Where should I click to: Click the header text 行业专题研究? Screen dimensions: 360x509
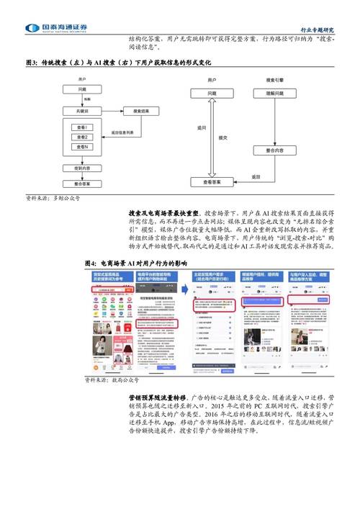(x=317, y=30)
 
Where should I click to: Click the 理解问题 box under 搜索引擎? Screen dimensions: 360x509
(x=277, y=94)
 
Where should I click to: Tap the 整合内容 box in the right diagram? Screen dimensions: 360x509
(x=277, y=150)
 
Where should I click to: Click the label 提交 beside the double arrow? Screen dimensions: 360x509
(x=222, y=138)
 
